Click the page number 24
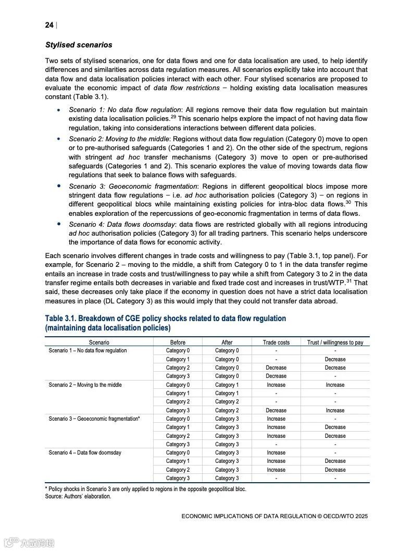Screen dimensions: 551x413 (x=49, y=25)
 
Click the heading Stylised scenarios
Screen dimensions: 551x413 (x=79, y=45)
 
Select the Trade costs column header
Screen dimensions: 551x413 (x=276, y=342)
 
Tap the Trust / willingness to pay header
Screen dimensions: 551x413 (x=335, y=342)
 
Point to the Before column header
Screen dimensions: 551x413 (x=178, y=342)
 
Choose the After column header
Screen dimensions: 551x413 (x=227, y=342)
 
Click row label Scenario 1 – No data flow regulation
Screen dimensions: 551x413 (x=87, y=351)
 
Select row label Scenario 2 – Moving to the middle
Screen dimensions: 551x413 (x=85, y=385)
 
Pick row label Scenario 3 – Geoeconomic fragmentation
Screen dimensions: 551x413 (x=94, y=419)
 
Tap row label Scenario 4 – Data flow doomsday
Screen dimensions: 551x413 (x=85, y=453)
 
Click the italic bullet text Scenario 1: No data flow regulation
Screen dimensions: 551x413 (x=125, y=110)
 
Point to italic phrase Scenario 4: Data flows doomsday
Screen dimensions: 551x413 (x=121, y=225)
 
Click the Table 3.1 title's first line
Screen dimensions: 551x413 (x=165, y=319)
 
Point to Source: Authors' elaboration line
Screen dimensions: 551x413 (x=78, y=496)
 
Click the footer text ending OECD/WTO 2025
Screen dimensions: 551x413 (x=274, y=516)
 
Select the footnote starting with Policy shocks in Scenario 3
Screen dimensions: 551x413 (x=146, y=489)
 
